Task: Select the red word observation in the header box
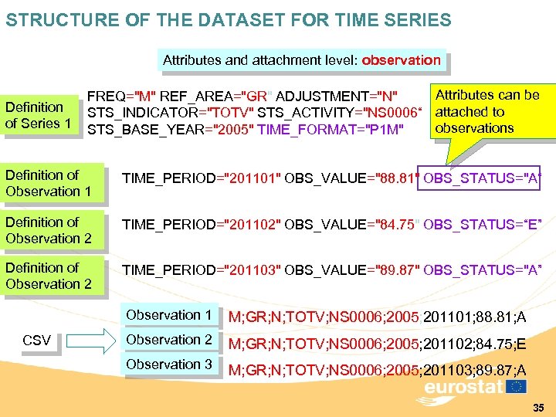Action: (x=402, y=59)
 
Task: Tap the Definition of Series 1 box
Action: (x=39, y=115)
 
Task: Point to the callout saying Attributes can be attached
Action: (x=487, y=111)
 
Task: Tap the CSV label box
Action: (x=37, y=341)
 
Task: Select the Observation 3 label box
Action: (x=168, y=364)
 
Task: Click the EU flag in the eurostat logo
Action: (x=517, y=386)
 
